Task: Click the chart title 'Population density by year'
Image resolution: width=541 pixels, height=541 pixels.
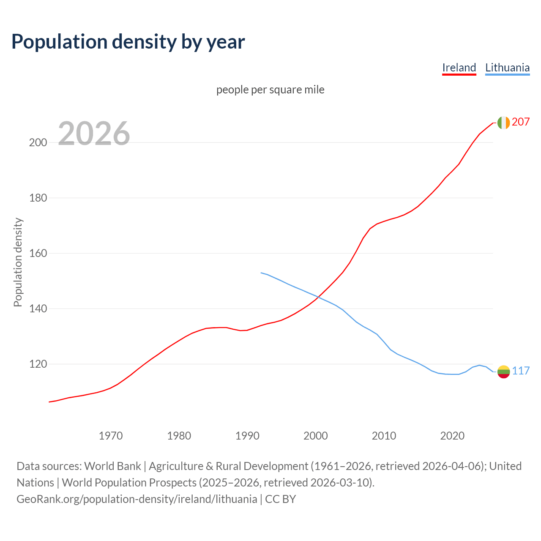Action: click(128, 42)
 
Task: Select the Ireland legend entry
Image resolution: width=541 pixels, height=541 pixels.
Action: click(459, 68)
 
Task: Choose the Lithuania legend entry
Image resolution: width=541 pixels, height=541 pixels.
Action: click(507, 68)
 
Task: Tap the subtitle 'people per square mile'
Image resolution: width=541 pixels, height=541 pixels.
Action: click(270, 90)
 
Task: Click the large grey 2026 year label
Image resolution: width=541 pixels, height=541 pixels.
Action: click(94, 134)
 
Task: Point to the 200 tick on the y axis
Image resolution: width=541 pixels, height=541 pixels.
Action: click(38, 142)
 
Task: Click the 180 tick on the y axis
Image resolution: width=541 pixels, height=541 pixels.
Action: click(38, 198)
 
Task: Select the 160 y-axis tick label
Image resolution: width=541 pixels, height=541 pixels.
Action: click(38, 253)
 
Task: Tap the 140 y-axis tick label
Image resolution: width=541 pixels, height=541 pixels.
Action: click(38, 309)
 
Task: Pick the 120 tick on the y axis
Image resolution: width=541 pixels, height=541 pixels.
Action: click(38, 364)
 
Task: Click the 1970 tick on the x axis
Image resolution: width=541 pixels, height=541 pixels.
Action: click(111, 436)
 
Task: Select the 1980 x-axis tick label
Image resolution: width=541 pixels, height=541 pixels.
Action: click(179, 436)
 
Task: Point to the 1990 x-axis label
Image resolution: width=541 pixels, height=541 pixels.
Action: click(247, 436)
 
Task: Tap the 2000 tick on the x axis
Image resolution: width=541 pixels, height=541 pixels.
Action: click(316, 436)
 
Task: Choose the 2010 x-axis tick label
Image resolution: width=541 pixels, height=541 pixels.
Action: click(384, 436)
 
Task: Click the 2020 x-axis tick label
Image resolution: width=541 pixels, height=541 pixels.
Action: click(452, 436)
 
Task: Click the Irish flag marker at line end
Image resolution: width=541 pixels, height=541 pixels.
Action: click(503, 123)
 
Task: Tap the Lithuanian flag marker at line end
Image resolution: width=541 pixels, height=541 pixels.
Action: click(503, 372)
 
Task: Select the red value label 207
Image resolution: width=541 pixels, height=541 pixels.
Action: click(521, 122)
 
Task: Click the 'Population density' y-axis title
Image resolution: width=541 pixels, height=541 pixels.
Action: click(18, 262)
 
